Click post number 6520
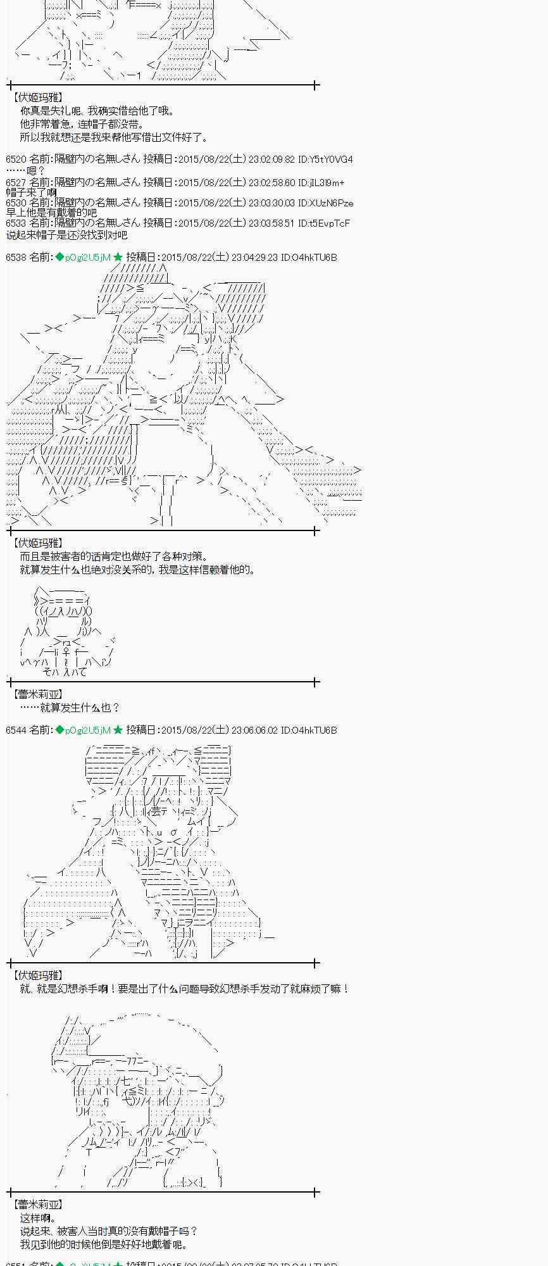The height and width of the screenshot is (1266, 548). pyautogui.click(x=16, y=160)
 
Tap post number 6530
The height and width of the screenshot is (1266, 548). pyautogui.click(x=16, y=203)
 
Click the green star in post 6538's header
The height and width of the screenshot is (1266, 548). pyautogui.click(x=118, y=257)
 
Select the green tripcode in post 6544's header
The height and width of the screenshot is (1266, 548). pyautogui.click(x=83, y=730)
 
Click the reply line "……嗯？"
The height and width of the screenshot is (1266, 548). pyautogui.click(x=26, y=170)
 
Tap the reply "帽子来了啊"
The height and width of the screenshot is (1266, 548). pyautogui.click(x=31, y=192)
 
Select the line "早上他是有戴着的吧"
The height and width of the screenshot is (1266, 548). pyautogui.click(x=51, y=213)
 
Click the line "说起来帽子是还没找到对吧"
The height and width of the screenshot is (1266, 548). pyautogui.click(x=66, y=235)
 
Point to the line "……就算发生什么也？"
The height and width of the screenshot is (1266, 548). pyautogui.click(x=70, y=707)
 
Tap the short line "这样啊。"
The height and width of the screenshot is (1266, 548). pyautogui.click(x=38, y=1218)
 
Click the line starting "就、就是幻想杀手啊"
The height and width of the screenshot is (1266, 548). pyautogui.click(x=184, y=988)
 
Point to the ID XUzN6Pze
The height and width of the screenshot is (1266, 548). pyautogui.click(x=326, y=203)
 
